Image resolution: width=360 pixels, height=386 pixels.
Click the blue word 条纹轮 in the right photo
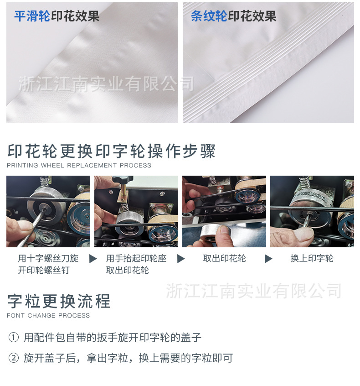point(209,16)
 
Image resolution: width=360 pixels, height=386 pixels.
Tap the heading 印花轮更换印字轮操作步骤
point(112,151)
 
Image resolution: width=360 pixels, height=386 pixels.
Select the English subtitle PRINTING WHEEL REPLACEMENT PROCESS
point(79,165)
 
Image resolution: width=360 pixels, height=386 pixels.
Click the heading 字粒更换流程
point(59,301)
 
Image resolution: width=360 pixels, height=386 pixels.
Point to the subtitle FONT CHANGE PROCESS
point(48,315)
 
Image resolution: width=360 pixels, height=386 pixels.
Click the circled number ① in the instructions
point(14,338)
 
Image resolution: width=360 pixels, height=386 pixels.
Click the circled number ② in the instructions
point(14,358)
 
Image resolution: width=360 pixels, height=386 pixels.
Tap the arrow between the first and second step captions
point(93,259)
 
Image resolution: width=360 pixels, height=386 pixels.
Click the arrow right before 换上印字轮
point(268,259)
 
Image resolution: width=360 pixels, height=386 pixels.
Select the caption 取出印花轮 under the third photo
point(224,258)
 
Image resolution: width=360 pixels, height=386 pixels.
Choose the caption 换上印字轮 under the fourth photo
point(312,258)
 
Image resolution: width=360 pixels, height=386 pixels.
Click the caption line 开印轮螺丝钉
point(44,270)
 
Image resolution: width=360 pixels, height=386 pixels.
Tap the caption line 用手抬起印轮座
point(136,258)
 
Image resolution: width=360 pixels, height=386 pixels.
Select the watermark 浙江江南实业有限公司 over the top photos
point(106,84)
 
